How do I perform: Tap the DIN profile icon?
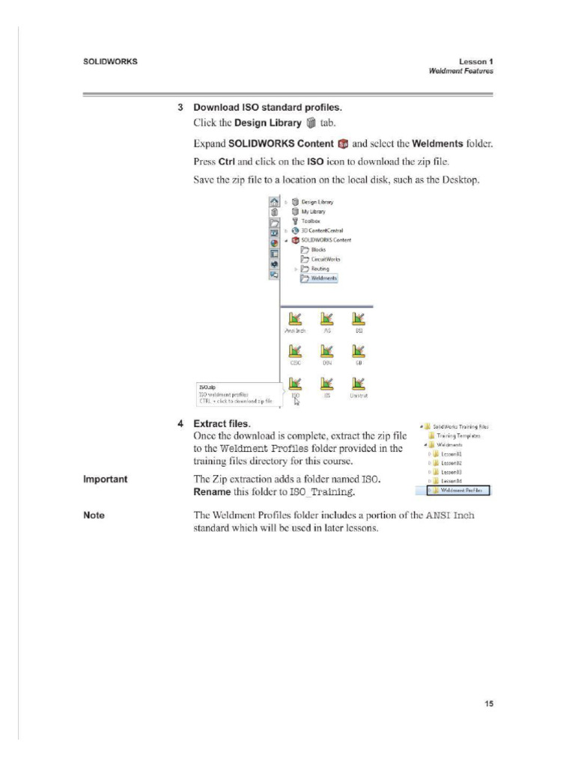pos(326,352)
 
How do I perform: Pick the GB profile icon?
pos(359,352)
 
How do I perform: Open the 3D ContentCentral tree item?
pos(321,230)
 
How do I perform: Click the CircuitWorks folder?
pos(322,259)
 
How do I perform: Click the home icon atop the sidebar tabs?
pos(273,202)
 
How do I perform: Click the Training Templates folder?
pos(454,435)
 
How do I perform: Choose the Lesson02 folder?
pos(450,463)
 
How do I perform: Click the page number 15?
pos(487,704)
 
